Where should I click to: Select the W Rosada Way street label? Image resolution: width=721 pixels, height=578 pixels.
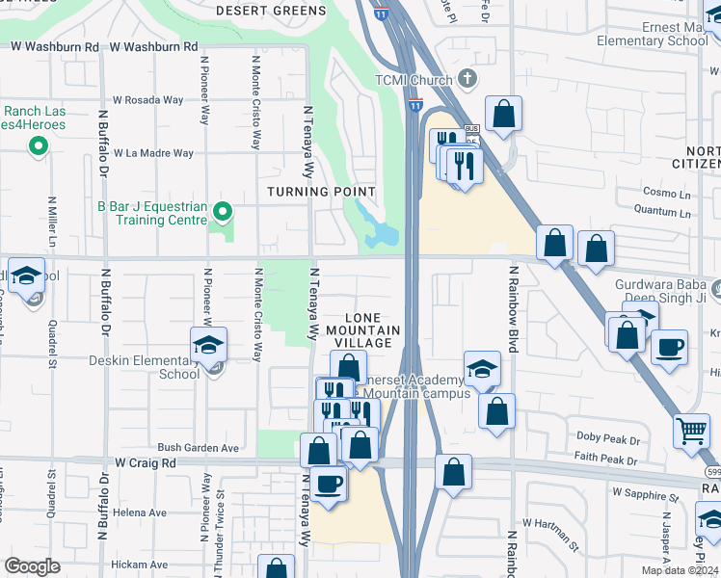pyautogui.click(x=147, y=100)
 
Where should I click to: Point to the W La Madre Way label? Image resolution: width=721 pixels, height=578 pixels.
pyautogui.click(x=153, y=153)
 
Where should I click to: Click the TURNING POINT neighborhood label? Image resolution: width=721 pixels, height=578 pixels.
pyautogui.click(x=321, y=192)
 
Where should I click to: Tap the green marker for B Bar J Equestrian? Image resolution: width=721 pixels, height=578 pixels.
pyautogui.click(x=223, y=211)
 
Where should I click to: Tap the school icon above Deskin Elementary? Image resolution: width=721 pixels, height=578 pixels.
pyautogui.click(x=208, y=344)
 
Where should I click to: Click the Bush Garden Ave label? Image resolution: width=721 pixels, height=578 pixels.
pyautogui.click(x=198, y=448)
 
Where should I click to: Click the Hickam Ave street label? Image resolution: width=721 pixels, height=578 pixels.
pyautogui.click(x=140, y=564)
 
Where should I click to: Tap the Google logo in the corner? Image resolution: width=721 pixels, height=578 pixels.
pyautogui.click(x=32, y=566)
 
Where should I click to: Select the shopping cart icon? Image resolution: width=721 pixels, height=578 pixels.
pyautogui.click(x=692, y=433)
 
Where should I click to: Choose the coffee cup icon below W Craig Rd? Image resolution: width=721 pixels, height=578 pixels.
pyautogui.click(x=327, y=484)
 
